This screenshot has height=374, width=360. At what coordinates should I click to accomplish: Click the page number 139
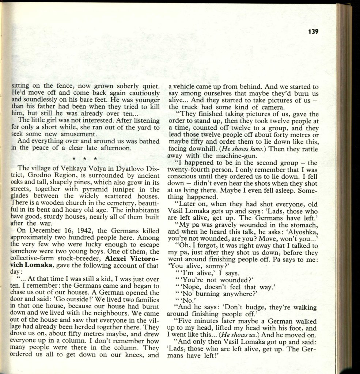[313, 32]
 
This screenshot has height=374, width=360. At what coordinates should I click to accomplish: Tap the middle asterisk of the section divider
[84, 159]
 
